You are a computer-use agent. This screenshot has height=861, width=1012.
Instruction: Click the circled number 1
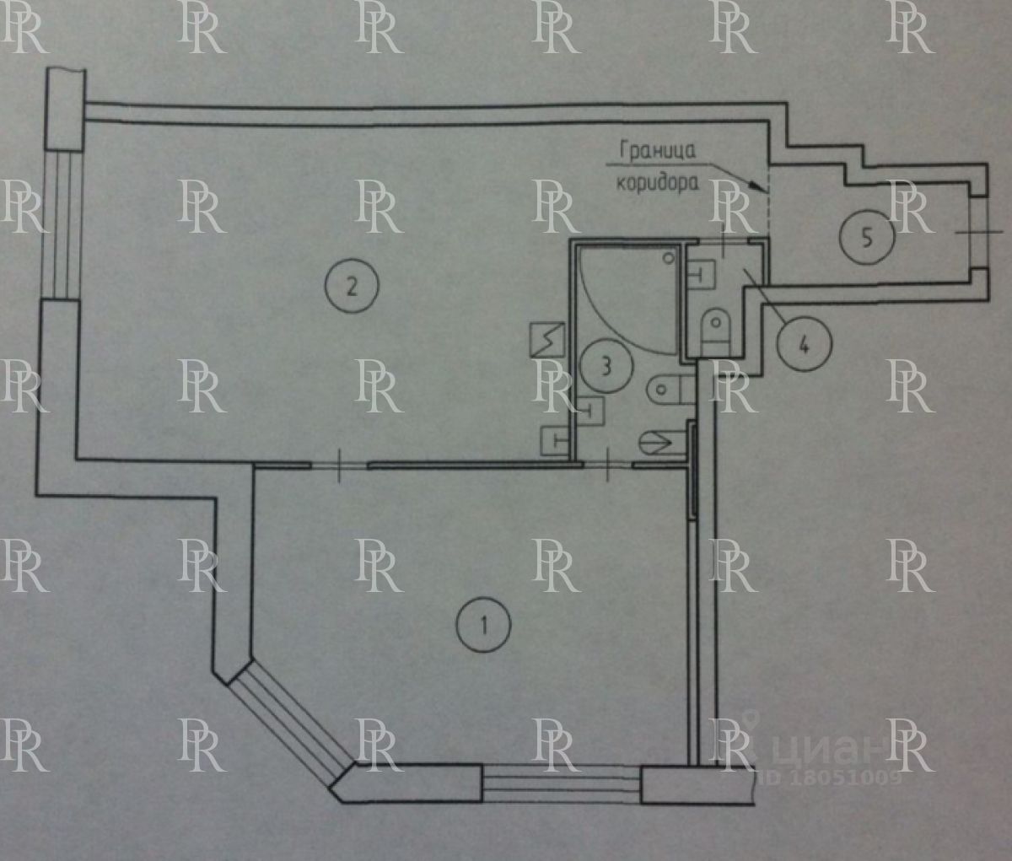(483, 626)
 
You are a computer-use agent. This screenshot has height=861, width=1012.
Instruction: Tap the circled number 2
(352, 286)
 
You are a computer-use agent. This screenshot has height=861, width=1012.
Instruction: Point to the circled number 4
(804, 344)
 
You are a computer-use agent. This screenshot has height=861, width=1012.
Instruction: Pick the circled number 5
(867, 238)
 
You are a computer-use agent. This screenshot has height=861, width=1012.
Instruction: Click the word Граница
(658, 151)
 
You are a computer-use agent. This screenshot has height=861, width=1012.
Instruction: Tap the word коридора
(658, 182)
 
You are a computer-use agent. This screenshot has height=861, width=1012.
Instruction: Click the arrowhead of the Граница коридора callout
(760, 184)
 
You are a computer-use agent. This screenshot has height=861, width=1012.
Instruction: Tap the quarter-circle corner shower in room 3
(628, 295)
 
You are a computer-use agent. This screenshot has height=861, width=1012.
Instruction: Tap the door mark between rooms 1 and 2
(339, 465)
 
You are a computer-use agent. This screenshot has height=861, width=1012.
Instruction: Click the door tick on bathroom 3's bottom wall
(608, 465)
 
